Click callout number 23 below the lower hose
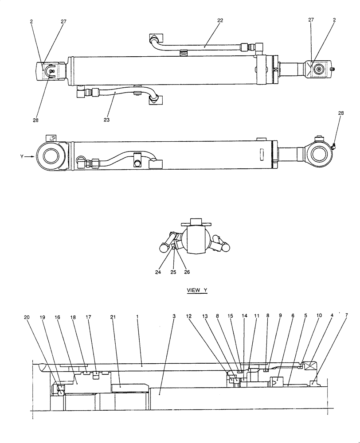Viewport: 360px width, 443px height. coord(106,120)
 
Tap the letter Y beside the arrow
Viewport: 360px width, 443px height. coord(22,156)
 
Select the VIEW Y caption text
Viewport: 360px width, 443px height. coord(197,290)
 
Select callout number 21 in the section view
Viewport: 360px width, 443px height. coord(113,317)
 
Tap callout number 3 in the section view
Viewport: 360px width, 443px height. coord(174,317)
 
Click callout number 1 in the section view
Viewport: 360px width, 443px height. coord(137,317)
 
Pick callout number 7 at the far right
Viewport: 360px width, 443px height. coord(346,315)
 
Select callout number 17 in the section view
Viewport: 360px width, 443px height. coord(89,317)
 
